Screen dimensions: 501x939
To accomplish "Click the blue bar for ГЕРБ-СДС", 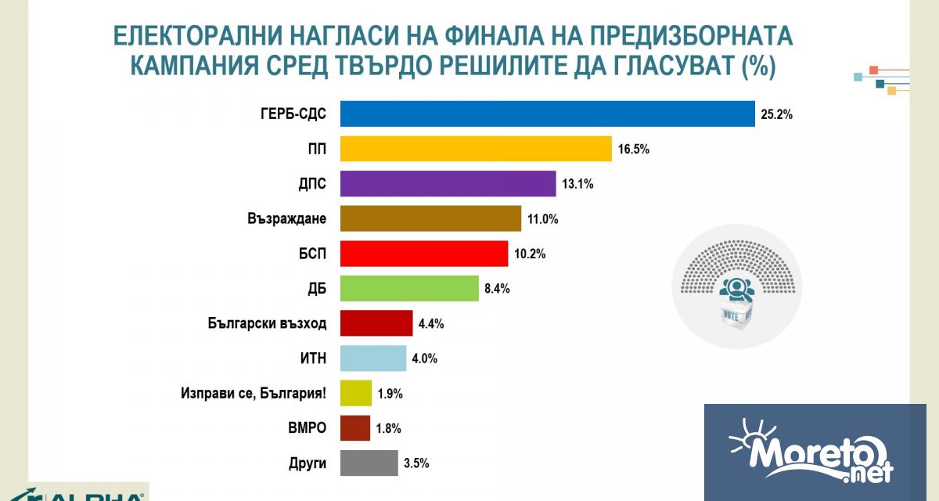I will coord(547,114).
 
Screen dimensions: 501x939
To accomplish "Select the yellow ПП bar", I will coord(475,149).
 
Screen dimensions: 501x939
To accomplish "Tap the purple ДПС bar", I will coord(448,184).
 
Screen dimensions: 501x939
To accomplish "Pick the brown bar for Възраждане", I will coord(430,218).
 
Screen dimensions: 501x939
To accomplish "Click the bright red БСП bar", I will coord(424,254).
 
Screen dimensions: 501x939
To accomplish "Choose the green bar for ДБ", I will coord(409,288).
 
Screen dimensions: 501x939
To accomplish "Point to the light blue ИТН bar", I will coord(373,359).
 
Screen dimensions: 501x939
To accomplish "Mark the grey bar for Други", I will coord(369,463).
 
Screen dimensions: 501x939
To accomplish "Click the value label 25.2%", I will coord(777,115).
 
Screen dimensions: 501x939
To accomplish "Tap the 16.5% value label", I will coord(634,150).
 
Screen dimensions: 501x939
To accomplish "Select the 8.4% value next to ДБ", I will coord(497,289).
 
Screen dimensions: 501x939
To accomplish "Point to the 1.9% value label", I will coord(390,395).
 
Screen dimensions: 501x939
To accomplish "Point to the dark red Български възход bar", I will coord(376,323).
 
